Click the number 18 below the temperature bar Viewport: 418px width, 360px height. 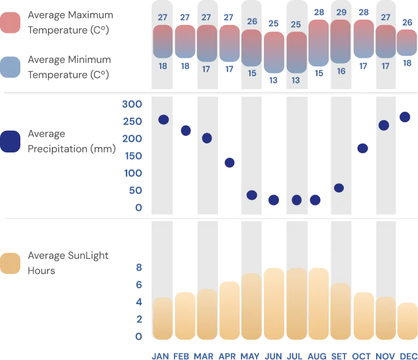162,66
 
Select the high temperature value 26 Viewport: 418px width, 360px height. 252,21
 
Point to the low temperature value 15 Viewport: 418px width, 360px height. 252,73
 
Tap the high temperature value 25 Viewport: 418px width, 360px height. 296,24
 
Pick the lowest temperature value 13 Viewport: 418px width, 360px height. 296,80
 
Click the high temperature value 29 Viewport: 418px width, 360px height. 341,12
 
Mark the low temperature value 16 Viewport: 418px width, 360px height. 341,70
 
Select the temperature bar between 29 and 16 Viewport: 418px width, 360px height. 341,41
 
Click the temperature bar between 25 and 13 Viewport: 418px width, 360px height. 296,52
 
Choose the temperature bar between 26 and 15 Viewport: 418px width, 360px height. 252,47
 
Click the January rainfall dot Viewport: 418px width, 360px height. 163,119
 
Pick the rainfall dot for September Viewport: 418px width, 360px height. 339,187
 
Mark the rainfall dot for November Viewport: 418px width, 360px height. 384,125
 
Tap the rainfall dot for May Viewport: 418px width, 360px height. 251,194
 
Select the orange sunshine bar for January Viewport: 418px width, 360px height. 163,319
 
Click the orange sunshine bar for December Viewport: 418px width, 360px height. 408,321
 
